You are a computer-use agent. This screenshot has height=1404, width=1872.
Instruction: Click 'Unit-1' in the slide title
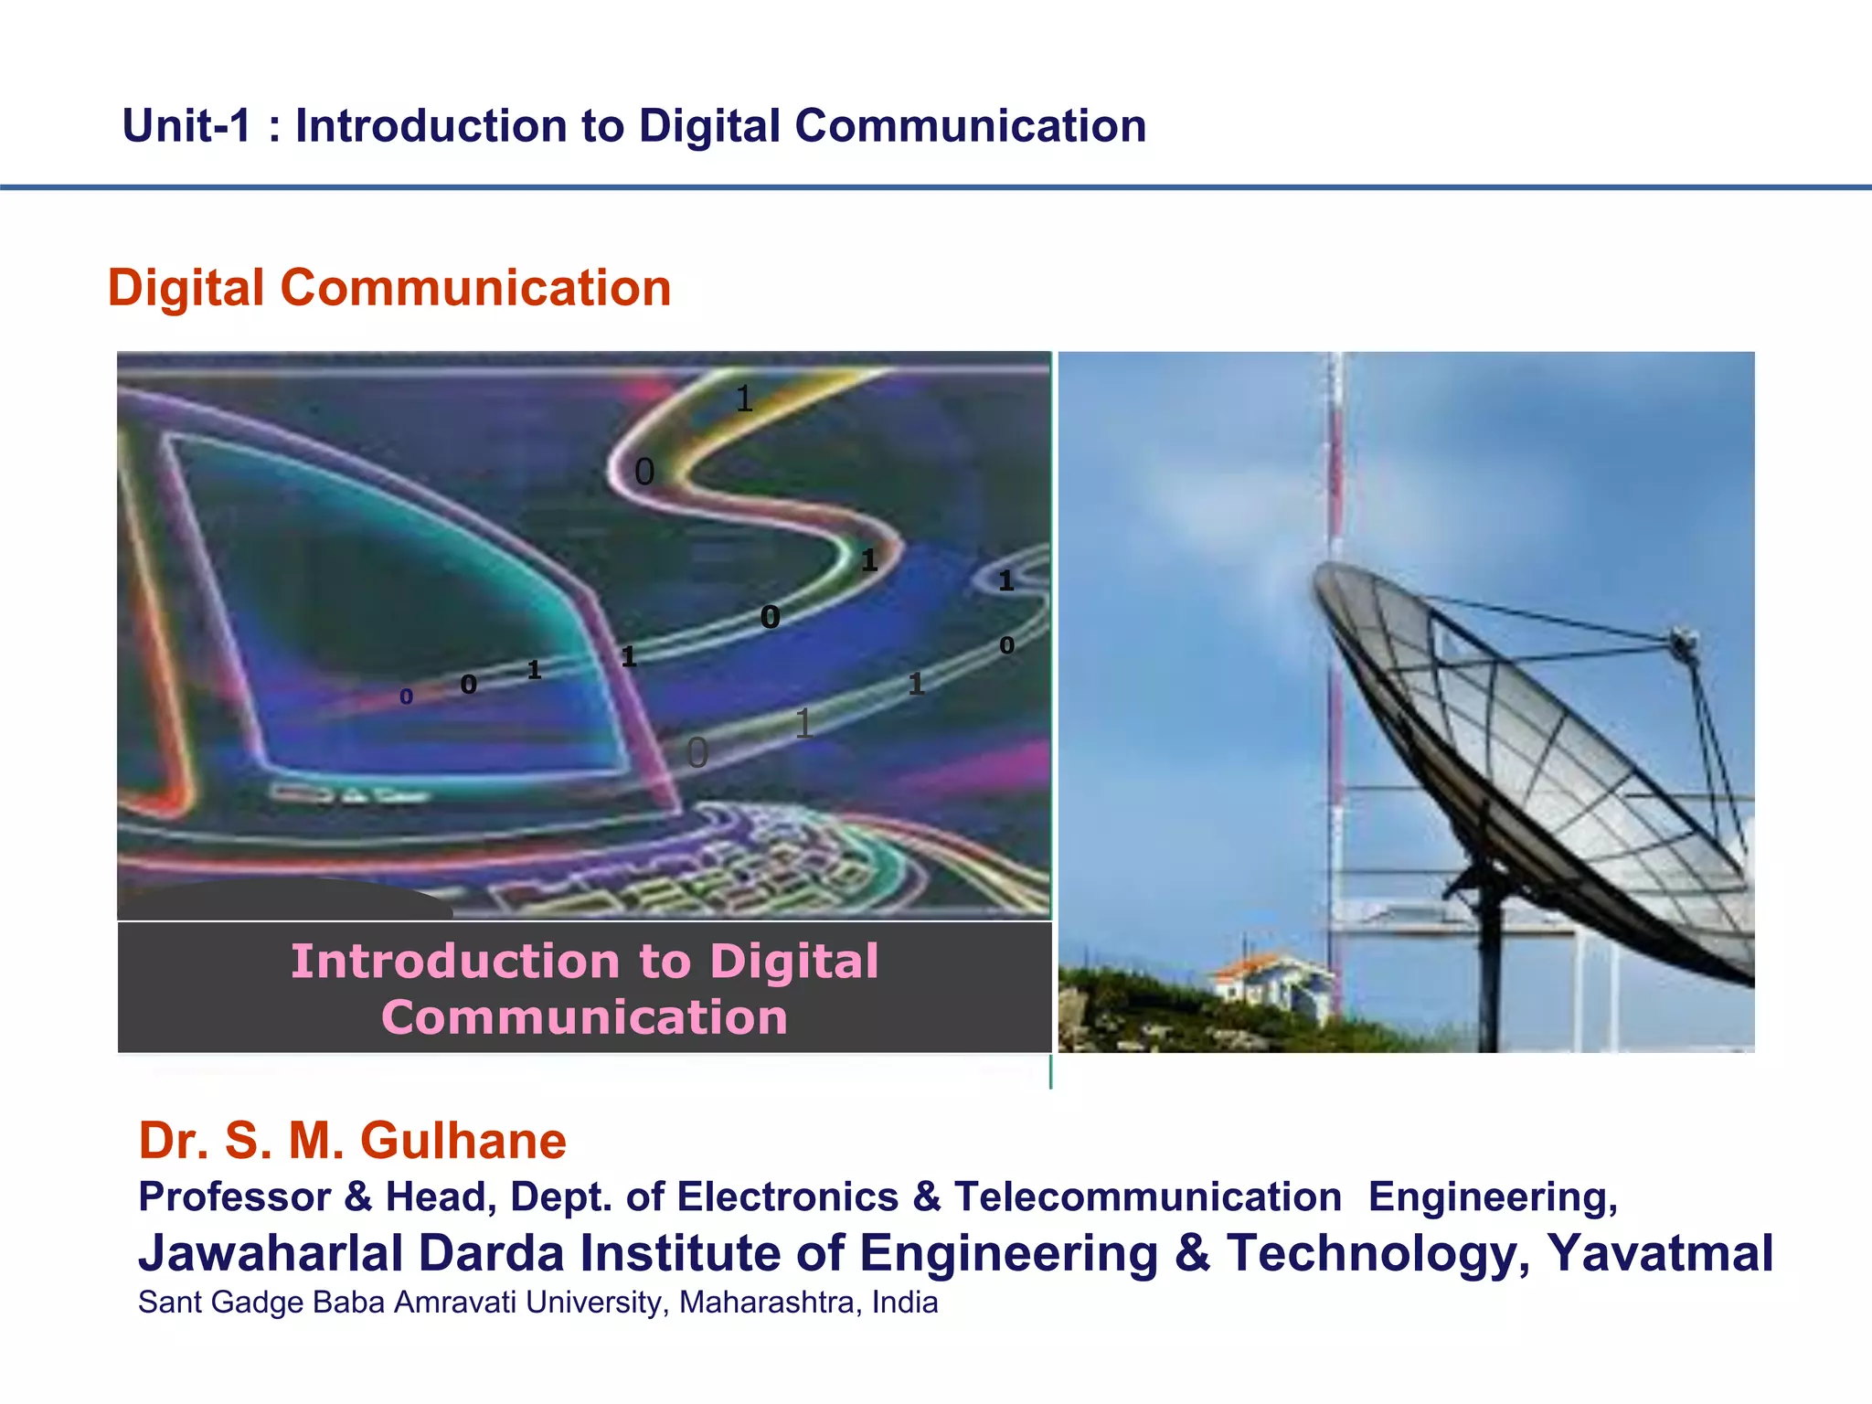(186, 126)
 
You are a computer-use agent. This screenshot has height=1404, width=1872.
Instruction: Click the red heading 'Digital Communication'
(389, 289)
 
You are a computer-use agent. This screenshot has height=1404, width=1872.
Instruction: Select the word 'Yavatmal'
(1660, 1253)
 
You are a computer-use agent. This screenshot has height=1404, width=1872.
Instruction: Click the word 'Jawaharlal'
(271, 1253)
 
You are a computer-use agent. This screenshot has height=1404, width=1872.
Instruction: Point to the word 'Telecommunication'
(1147, 1197)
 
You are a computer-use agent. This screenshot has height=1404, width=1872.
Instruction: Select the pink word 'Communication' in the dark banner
(585, 1018)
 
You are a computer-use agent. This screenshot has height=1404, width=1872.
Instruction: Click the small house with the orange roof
(1271, 983)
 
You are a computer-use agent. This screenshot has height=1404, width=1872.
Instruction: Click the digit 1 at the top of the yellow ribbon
(744, 399)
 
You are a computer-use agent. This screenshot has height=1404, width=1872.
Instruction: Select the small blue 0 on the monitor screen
(407, 697)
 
